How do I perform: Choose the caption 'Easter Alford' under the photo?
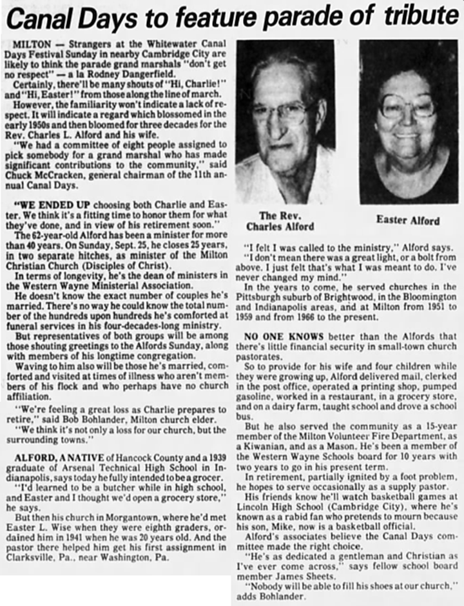pos(407,220)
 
